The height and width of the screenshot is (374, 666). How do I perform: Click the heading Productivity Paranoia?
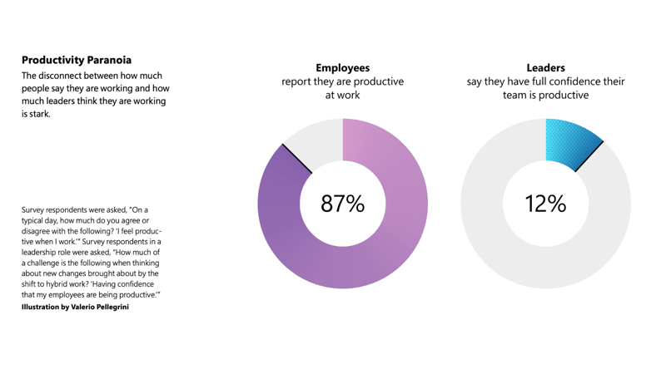76,60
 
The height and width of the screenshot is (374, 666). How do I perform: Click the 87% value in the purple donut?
343,204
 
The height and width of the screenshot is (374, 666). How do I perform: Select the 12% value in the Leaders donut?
545,204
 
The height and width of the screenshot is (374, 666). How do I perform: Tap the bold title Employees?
342,67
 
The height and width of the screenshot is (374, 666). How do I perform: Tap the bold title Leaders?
545,67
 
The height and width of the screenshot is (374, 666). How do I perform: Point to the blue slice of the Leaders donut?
570,142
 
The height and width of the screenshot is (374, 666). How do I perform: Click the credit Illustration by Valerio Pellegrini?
75,308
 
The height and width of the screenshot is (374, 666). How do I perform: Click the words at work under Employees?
342,95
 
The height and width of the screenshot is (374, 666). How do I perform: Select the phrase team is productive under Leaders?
545,95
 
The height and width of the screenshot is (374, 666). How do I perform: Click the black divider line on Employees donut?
297,159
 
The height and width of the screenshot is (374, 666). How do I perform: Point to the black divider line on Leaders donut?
589,156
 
